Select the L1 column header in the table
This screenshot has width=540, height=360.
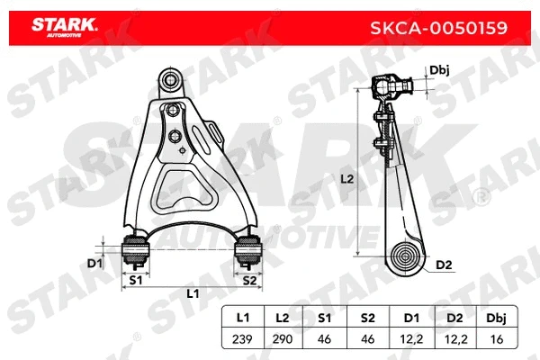click(x=241, y=318)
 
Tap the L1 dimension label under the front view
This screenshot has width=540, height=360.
click(x=193, y=294)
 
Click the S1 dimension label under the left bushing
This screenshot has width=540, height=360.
click(x=135, y=281)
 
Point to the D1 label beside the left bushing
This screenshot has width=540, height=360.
click(x=94, y=263)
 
